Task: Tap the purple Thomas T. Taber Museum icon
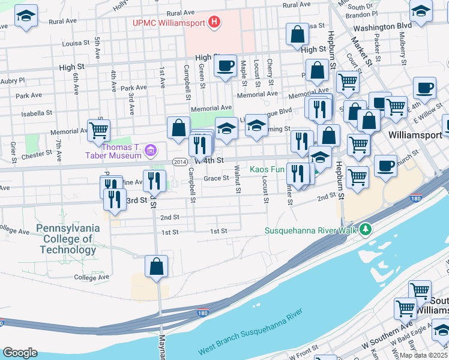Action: pyautogui.click(x=150, y=149)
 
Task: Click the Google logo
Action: pyautogui.click(x=20, y=353)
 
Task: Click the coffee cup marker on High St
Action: pyautogui.click(x=225, y=66)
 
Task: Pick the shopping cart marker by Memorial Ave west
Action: pyautogui.click(x=98, y=130)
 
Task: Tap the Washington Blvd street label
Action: pyautogui.click(x=382, y=26)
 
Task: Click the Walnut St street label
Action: pyautogui.click(x=238, y=184)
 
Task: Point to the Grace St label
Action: pyautogui.click(x=216, y=178)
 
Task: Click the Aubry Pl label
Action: pyautogui.click(x=13, y=80)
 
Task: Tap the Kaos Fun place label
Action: pyautogui.click(x=267, y=170)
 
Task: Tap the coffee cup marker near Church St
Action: pyautogui.click(x=385, y=166)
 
